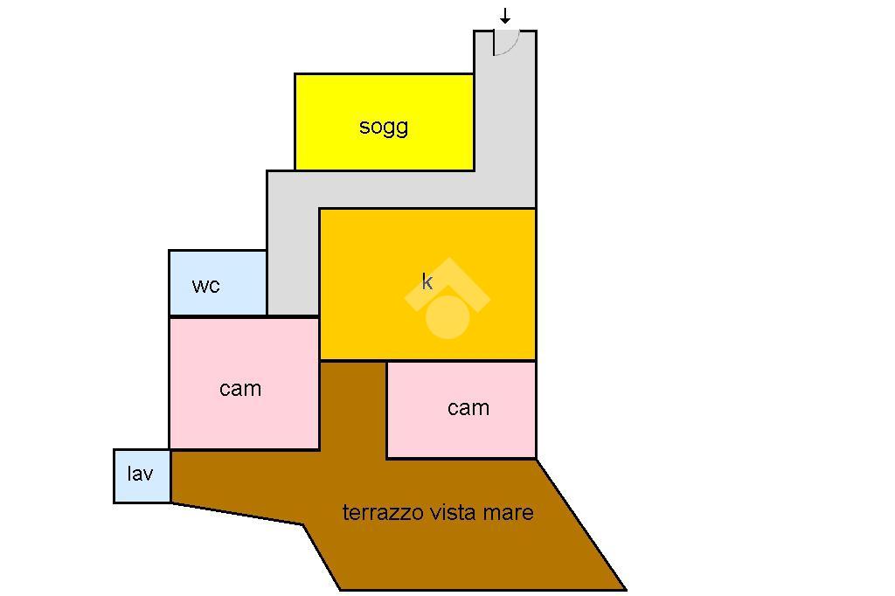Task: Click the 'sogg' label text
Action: click(384, 127)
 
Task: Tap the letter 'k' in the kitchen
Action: click(427, 281)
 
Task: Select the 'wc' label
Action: click(205, 286)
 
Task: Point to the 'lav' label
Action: click(140, 474)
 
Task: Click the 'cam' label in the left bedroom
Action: click(240, 389)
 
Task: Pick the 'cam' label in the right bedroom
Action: click(468, 408)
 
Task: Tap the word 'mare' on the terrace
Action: click(505, 513)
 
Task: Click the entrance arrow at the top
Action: click(505, 17)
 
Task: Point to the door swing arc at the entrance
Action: click(508, 43)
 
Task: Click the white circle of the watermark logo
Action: click(447, 316)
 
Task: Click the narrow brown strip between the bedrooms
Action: click(353, 406)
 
